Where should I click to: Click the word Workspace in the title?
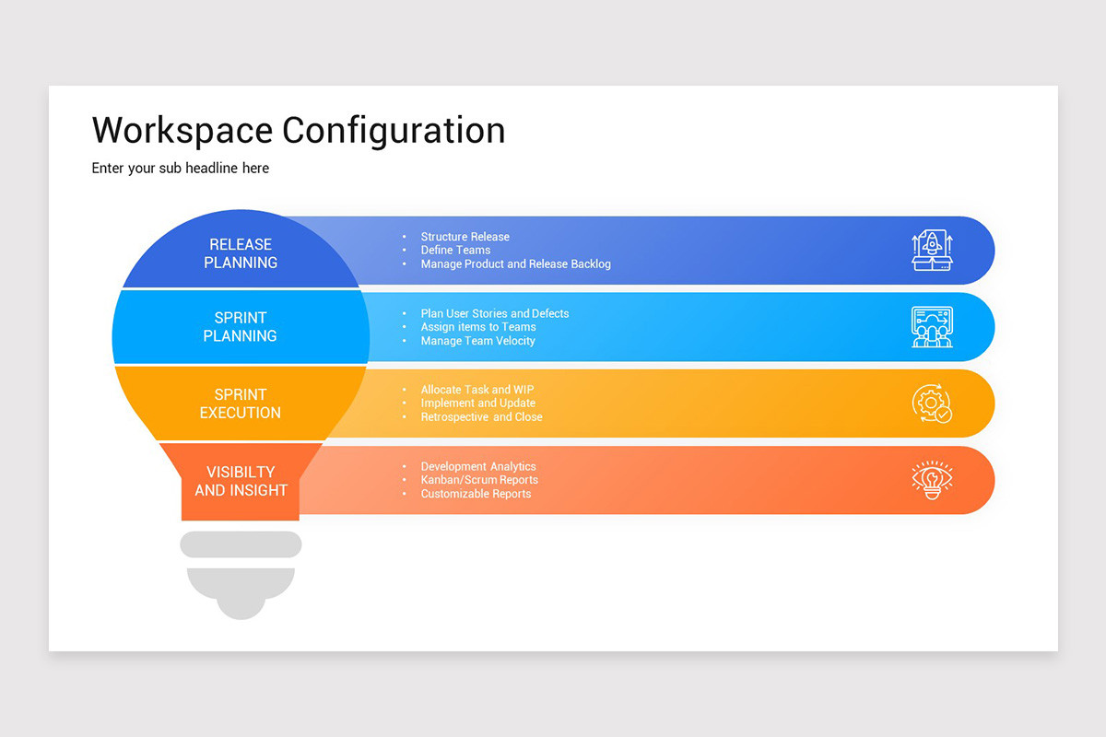tap(182, 130)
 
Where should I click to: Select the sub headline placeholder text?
tap(181, 168)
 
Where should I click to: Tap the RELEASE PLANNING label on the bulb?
tap(241, 253)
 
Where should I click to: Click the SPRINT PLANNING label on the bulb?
tap(241, 327)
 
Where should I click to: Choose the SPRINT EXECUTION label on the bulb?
tap(241, 404)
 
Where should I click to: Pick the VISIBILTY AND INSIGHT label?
tap(241, 481)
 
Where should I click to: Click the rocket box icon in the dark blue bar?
tap(932, 251)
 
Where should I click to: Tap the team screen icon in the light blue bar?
tap(932, 327)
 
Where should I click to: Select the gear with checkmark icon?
tap(932, 404)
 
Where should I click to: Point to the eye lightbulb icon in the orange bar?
tap(932, 480)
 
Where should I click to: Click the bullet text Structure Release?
tap(465, 237)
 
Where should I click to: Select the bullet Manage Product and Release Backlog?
tap(515, 264)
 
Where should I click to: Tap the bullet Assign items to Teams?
tap(477, 327)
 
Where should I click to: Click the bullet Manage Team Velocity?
tap(477, 341)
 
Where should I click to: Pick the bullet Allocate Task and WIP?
tap(477, 390)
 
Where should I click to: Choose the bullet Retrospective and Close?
tap(481, 417)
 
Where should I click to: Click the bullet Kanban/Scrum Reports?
tap(479, 480)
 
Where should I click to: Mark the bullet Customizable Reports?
tap(476, 494)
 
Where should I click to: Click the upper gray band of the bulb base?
tap(241, 544)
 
